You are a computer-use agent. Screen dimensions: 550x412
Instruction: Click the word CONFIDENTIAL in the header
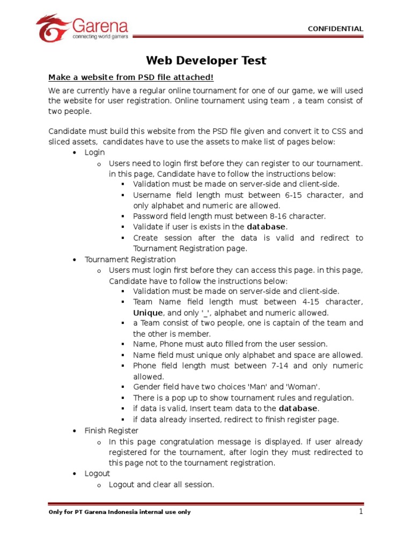coord(335,29)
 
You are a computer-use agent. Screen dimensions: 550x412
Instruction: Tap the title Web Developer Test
coord(207,61)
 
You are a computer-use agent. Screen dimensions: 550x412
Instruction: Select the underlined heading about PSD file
coord(131,77)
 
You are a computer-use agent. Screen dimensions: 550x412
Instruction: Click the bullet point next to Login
coord(75,153)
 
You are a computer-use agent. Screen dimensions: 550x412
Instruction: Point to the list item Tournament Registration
coord(123,260)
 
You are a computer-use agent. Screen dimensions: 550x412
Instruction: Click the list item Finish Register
coord(112,431)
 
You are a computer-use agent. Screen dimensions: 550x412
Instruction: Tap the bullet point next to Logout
coord(75,474)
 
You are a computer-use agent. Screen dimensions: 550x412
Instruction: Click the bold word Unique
coord(148,313)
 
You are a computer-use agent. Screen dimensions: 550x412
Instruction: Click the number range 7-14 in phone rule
coord(279,366)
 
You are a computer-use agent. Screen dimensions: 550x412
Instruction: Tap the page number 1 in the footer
coord(362,511)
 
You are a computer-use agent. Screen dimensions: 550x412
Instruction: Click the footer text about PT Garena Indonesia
coord(119,512)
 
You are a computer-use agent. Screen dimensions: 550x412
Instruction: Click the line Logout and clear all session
coord(161,484)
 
